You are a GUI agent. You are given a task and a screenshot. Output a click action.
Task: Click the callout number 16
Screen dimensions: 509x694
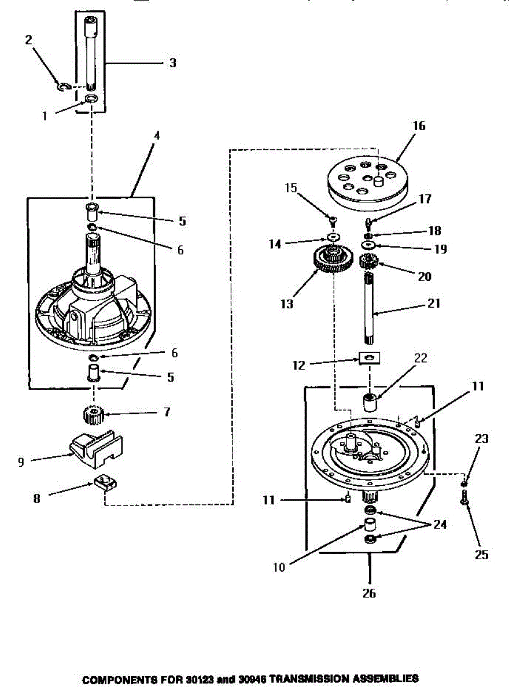pyautogui.click(x=419, y=126)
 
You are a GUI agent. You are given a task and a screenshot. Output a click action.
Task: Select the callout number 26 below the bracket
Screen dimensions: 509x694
pyautogui.click(x=369, y=593)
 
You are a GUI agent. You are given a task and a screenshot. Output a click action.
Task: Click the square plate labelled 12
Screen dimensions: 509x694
pyautogui.click(x=369, y=359)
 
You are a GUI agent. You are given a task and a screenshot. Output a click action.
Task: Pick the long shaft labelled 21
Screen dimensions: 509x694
pyautogui.click(x=369, y=309)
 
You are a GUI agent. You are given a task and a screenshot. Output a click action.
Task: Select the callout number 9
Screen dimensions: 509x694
pyautogui.click(x=21, y=463)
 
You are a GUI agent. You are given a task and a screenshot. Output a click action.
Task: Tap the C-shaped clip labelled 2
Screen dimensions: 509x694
pyautogui.click(x=64, y=87)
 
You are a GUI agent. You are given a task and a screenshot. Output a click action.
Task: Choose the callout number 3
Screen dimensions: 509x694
pyautogui.click(x=172, y=63)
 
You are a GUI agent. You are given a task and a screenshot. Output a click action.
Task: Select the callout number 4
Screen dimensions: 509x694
pyautogui.click(x=157, y=135)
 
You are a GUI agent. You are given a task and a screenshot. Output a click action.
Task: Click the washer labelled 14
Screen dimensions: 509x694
pyautogui.click(x=333, y=238)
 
